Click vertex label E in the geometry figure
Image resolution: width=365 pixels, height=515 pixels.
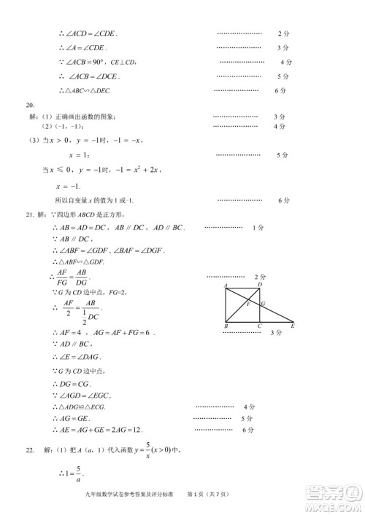pos(293,327)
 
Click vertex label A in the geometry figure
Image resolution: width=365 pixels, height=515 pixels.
pos(226,285)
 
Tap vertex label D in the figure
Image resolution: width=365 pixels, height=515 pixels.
pos(260,284)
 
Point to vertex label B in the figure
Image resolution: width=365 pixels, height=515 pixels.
pos(226,327)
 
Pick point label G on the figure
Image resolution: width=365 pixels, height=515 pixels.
pos(263,303)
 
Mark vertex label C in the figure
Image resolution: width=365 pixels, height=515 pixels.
pos(259,327)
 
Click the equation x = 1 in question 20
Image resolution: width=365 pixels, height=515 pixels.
pos(78,155)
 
